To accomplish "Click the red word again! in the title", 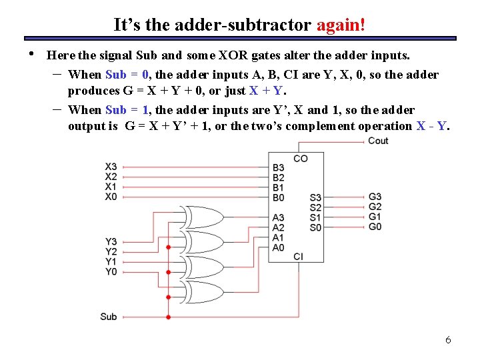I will pyautogui.click(x=341, y=25).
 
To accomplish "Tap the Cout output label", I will pyautogui.click(x=378, y=141).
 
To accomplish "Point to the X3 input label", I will pyautogui.click(x=111, y=167).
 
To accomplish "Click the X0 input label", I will pyautogui.click(x=111, y=197).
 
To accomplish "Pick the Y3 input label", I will pyautogui.click(x=111, y=242).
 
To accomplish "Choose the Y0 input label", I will pyautogui.click(x=111, y=271).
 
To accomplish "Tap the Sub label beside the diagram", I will pyautogui.click(x=109, y=317).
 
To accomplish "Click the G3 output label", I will pyautogui.click(x=375, y=197).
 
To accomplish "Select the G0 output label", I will pyautogui.click(x=375, y=227).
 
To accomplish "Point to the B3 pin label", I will pyautogui.click(x=279, y=167).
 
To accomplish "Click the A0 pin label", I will pyautogui.click(x=279, y=247).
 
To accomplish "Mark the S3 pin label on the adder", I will pyautogui.click(x=315, y=197).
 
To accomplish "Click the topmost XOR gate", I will pyautogui.click(x=203, y=217).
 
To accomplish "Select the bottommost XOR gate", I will pyautogui.click(x=203, y=292).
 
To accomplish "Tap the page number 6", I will pyautogui.click(x=448, y=340).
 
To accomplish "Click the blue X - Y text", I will pyautogui.click(x=433, y=126).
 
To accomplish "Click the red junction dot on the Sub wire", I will pyautogui.click(x=168, y=317).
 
